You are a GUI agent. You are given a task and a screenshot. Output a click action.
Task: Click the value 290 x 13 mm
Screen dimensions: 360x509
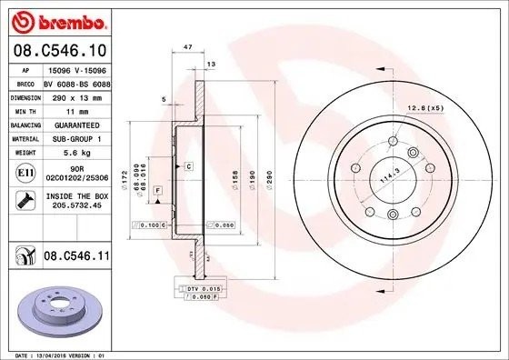pos(75,95)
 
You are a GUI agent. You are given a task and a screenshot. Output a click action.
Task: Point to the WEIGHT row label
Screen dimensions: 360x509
pos(24,153)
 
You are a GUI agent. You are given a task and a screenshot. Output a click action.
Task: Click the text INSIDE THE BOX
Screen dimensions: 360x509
pos(75,195)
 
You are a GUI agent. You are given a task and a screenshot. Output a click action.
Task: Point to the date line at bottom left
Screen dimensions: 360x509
pos(57,355)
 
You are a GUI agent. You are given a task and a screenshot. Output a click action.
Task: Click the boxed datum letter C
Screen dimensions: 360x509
pos(188,167)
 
